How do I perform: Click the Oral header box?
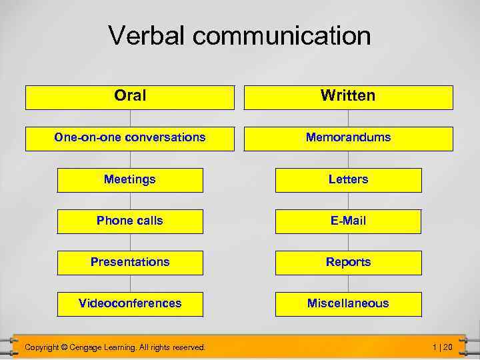[130, 97]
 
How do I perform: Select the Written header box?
[348, 97]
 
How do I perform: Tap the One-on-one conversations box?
[130, 138]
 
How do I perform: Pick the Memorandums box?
[348, 138]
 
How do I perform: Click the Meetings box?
[130, 180]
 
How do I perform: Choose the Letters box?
[348, 180]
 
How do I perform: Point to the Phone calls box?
[130, 221]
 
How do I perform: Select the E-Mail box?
[348, 221]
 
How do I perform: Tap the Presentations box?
[130, 263]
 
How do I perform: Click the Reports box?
[348, 263]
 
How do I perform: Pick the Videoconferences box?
[130, 304]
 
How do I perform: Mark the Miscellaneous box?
[348, 304]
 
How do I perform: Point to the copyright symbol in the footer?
[64, 347]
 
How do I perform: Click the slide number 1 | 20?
[442, 347]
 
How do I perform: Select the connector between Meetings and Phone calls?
[130, 201]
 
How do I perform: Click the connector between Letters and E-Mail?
[348, 201]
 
